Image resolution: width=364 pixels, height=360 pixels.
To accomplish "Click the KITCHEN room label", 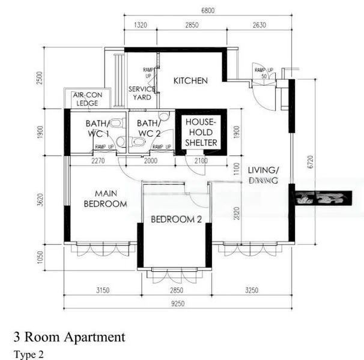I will click(190, 80).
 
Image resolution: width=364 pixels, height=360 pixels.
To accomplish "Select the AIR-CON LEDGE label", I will click(87, 99).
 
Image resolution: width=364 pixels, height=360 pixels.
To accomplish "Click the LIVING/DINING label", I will click(264, 175).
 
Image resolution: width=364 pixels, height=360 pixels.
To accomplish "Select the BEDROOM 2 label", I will click(176, 220).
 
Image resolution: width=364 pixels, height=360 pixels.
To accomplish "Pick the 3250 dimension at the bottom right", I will click(252, 291).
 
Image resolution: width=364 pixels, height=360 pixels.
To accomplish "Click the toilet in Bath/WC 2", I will click(138, 142).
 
